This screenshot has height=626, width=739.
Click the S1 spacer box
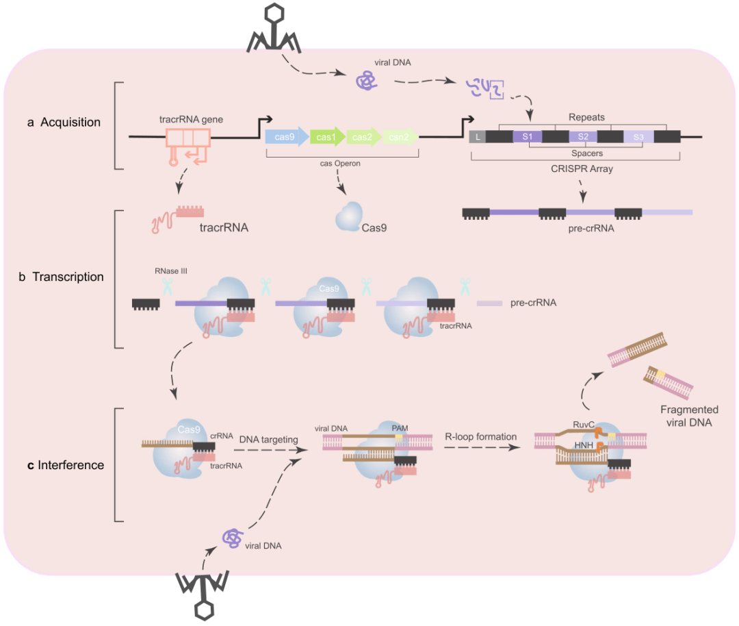tap(528, 136)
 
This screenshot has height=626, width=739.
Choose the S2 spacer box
tap(582, 136)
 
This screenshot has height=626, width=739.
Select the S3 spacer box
tap(638, 136)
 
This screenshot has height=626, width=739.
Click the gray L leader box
tap(477, 136)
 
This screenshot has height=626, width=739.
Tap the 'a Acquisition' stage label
tap(64, 123)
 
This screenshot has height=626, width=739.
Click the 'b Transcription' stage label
tap(62, 277)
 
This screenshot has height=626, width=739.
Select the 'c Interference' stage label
tap(66, 465)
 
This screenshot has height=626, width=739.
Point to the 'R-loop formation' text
tap(480, 436)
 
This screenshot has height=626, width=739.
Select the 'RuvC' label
tap(583, 424)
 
